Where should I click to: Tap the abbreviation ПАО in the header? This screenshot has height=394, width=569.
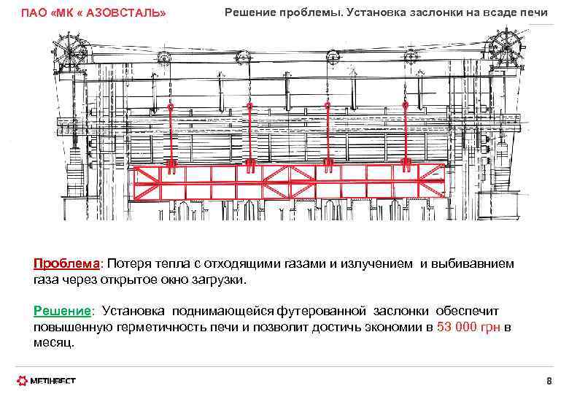click(34, 14)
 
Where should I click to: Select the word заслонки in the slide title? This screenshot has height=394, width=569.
click(436, 12)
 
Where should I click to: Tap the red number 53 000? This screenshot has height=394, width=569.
click(457, 327)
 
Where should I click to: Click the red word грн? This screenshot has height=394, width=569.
click(492, 327)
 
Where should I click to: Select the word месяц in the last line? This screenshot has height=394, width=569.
click(53, 341)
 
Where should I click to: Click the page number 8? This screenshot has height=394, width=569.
click(549, 381)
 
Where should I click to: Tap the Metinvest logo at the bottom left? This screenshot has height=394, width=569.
click(47, 380)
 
